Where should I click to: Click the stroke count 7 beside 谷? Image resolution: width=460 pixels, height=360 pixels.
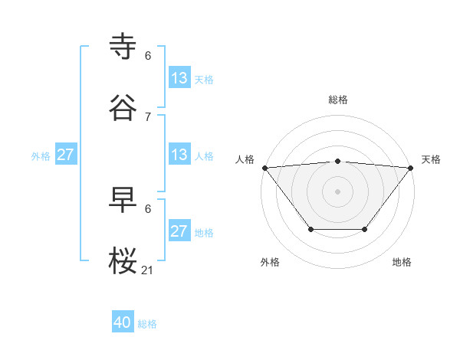pyautogui.click(x=148, y=116)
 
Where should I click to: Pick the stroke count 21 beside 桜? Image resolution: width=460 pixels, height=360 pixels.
pyautogui.click(x=148, y=270)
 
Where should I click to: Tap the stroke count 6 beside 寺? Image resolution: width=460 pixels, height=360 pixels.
pyautogui.click(x=148, y=55)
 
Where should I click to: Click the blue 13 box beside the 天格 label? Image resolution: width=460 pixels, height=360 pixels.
pyautogui.click(x=179, y=78)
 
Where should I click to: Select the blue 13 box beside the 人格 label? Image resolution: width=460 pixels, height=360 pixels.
pyautogui.click(x=179, y=155)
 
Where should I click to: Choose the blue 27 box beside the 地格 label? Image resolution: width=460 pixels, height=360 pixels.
pyautogui.click(x=179, y=231)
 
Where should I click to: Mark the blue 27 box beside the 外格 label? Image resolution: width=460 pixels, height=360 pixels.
pyautogui.click(x=65, y=155)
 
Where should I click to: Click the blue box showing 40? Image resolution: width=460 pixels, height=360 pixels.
pyautogui.click(x=123, y=323)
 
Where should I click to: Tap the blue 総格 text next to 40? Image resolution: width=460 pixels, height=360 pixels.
pyautogui.click(x=147, y=324)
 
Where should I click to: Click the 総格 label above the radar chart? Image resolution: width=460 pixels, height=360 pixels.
pyautogui.click(x=337, y=100)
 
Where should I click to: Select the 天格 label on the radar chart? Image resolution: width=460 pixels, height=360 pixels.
pyautogui.click(x=431, y=159)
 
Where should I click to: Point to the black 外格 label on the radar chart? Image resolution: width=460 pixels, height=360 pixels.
pyautogui.click(x=270, y=262)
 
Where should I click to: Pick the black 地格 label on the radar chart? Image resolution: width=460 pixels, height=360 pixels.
pyautogui.click(x=402, y=262)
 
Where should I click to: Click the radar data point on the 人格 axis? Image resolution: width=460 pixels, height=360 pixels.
pyautogui.click(x=264, y=168)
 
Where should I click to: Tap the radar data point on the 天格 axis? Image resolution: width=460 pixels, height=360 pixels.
pyautogui.click(x=411, y=168)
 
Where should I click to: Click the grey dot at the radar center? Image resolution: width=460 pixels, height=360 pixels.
pyautogui.click(x=337, y=191)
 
